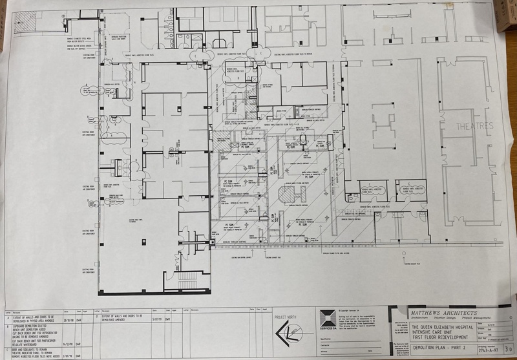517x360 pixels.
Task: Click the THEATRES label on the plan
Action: (474, 125)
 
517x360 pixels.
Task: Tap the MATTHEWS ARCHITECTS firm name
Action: (440, 312)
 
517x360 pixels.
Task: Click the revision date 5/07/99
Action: (156, 319)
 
